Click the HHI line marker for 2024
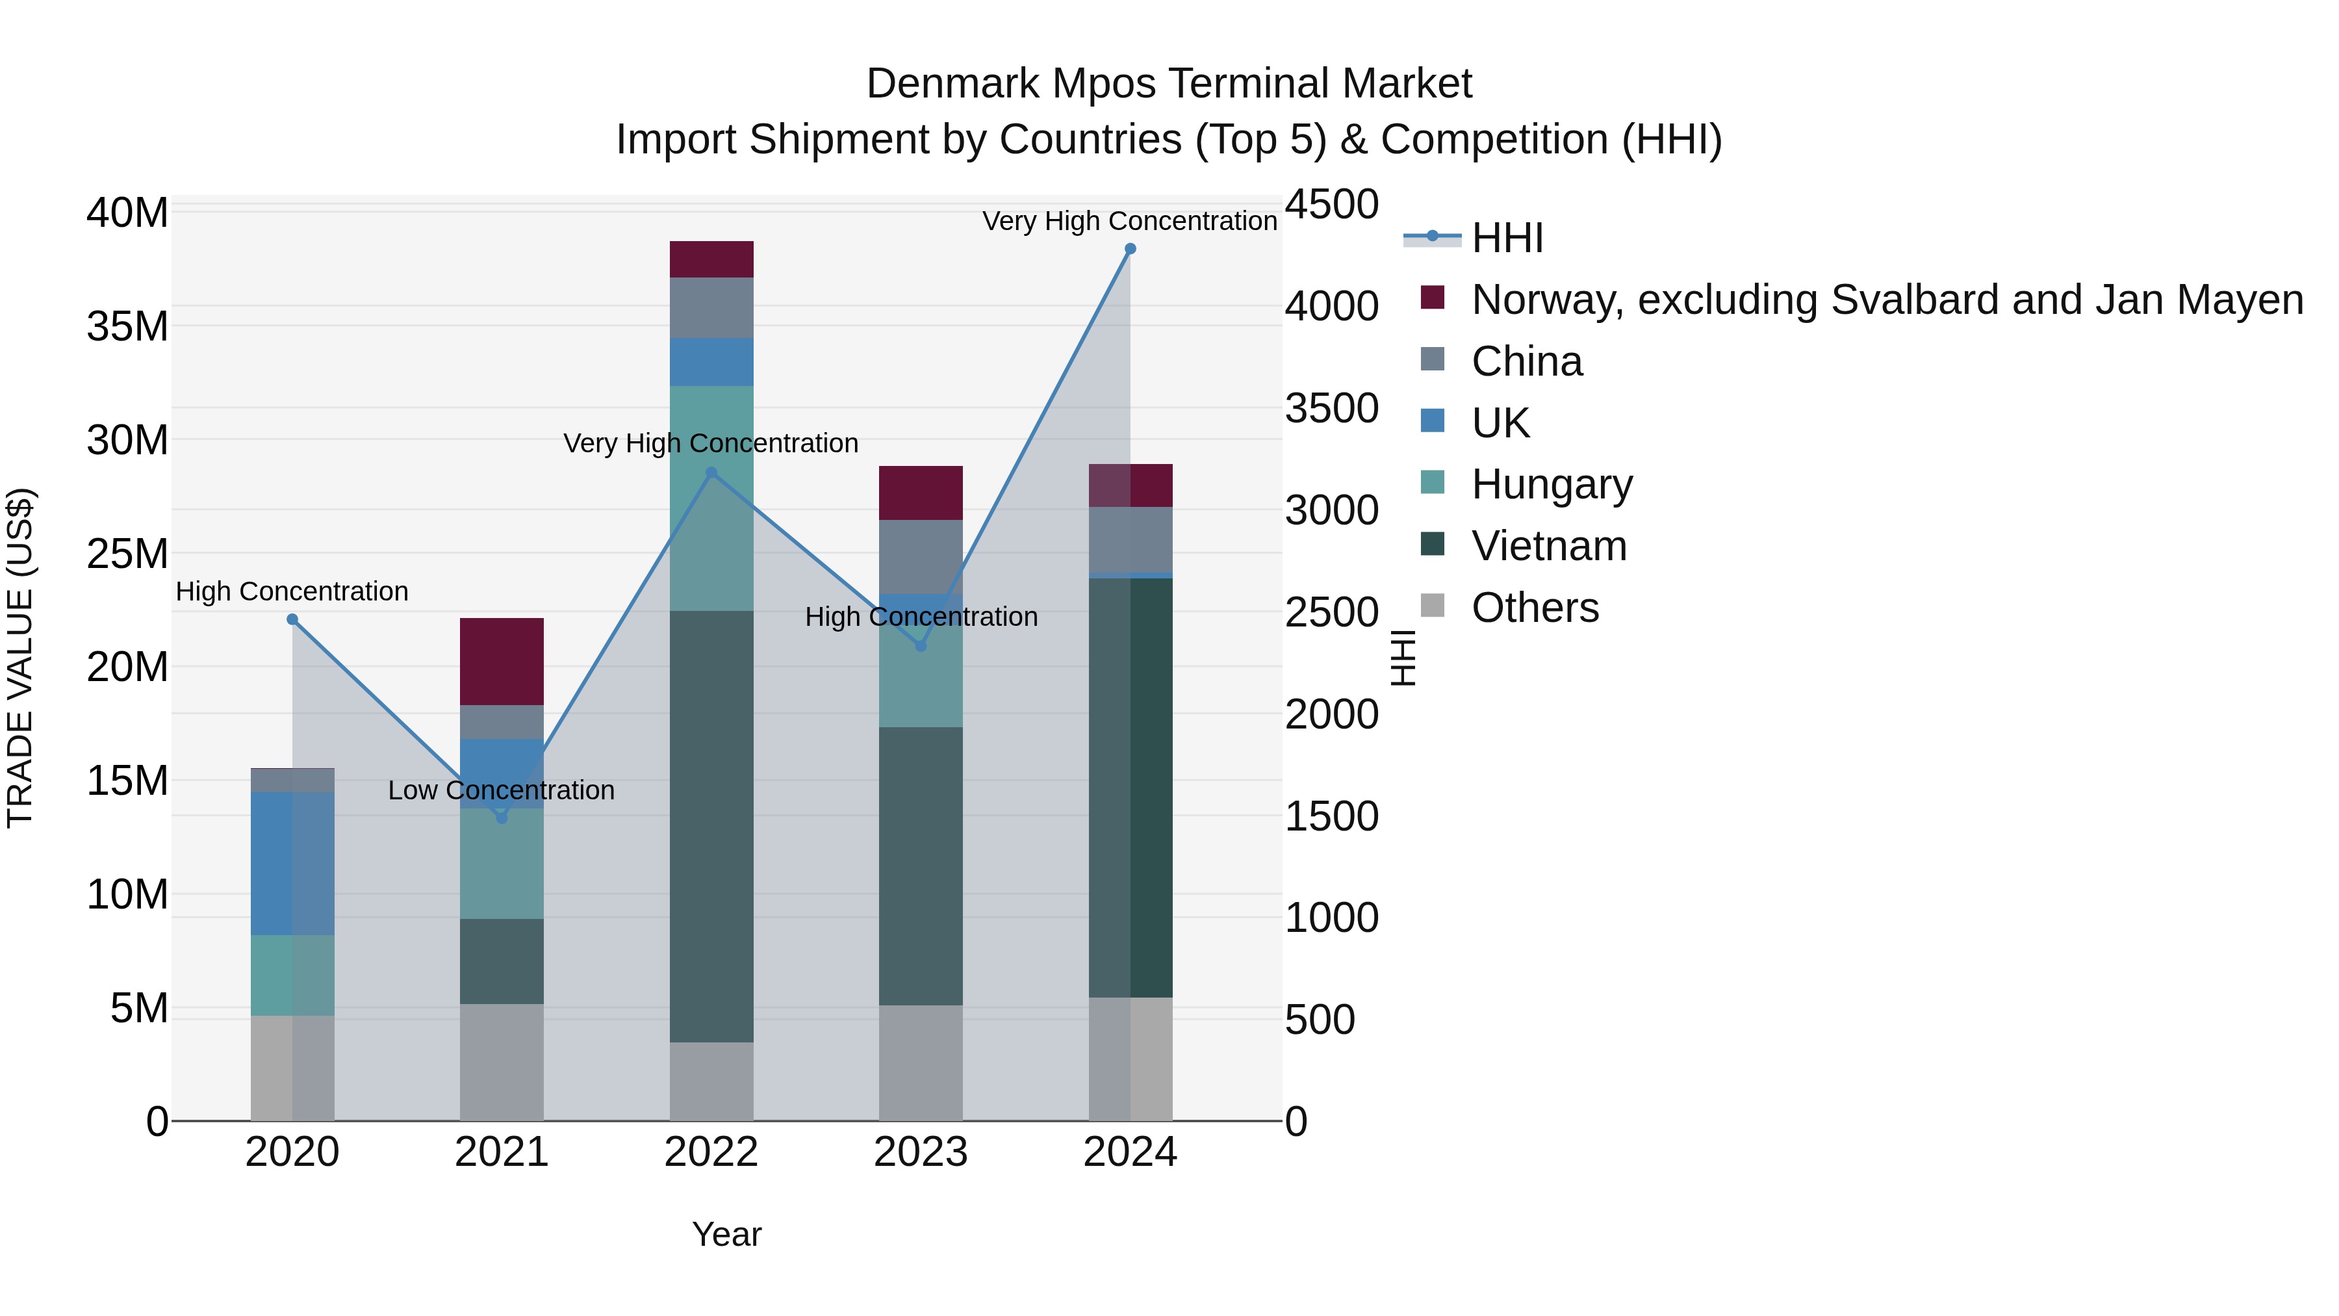pos(1130,249)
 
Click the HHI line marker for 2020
pos(292,619)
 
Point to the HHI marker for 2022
pos(711,472)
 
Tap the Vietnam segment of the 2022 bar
pos(711,827)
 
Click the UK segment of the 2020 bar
pos(292,863)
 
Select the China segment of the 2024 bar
pos(1131,539)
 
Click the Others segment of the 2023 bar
pos(921,1063)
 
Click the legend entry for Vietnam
pos(1548,546)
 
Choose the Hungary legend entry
pos(1551,484)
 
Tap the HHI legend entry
pos(1507,238)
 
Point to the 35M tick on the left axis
pos(127,326)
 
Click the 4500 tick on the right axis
pos(1331,204)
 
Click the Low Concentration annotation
pos(501,790)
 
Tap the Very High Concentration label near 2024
pos(1130,221)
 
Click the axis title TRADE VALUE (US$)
pos(20,658)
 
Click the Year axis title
pos(726,1234)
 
